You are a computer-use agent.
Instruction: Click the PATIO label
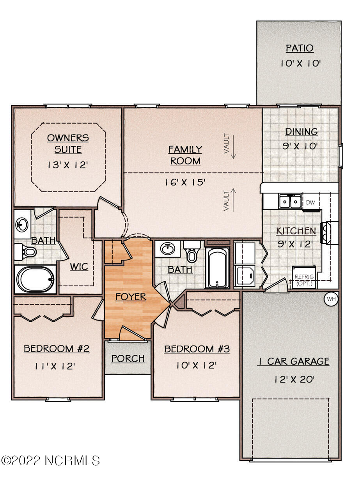(x=300, y=48)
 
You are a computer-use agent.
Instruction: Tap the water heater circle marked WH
(x=331, y=299)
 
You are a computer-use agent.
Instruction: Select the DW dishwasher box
(x=310, y=202)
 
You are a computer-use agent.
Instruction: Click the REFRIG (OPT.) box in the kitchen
(x=304, y=277)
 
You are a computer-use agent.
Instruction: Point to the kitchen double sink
(x=290, y=201)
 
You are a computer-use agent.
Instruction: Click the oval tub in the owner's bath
(x=35, y=279)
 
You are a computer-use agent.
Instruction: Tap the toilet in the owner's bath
(x=26, y=252)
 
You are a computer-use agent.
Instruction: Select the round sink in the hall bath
(x=168, y=249)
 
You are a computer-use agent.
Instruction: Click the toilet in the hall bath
(x=192, y=252)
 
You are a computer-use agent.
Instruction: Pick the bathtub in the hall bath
(x=217, y=268)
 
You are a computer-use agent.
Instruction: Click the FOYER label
(x=131, y=297)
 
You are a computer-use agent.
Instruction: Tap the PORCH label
(x=128, y=359)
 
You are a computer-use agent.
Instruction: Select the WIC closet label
(x=79, y=267)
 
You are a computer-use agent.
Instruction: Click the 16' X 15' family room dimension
(x=185, y=182)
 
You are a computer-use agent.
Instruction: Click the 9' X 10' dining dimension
(x=300, y=146)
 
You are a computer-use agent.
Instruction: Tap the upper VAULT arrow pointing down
(x=233, y=147)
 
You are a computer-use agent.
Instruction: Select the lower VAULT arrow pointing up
(x=233, y=200)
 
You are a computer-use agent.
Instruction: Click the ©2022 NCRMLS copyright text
(x=50, y=460)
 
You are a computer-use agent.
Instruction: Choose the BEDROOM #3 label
(x=197, y=349)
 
